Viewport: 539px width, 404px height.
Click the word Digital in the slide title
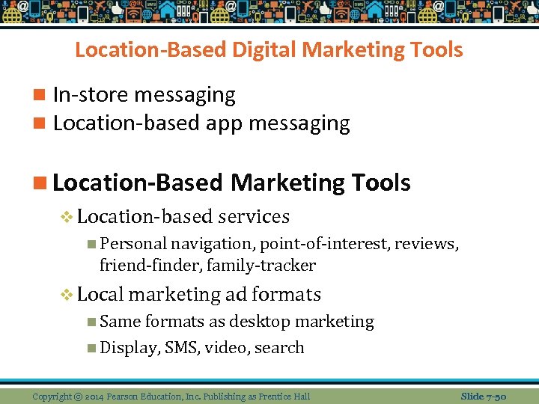click(263, 50)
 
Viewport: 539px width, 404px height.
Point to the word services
click(254, 216)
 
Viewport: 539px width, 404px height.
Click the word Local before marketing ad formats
click(100, 294)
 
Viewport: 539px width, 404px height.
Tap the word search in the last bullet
click(279, 347)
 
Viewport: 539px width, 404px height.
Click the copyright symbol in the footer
click(78, 396)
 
